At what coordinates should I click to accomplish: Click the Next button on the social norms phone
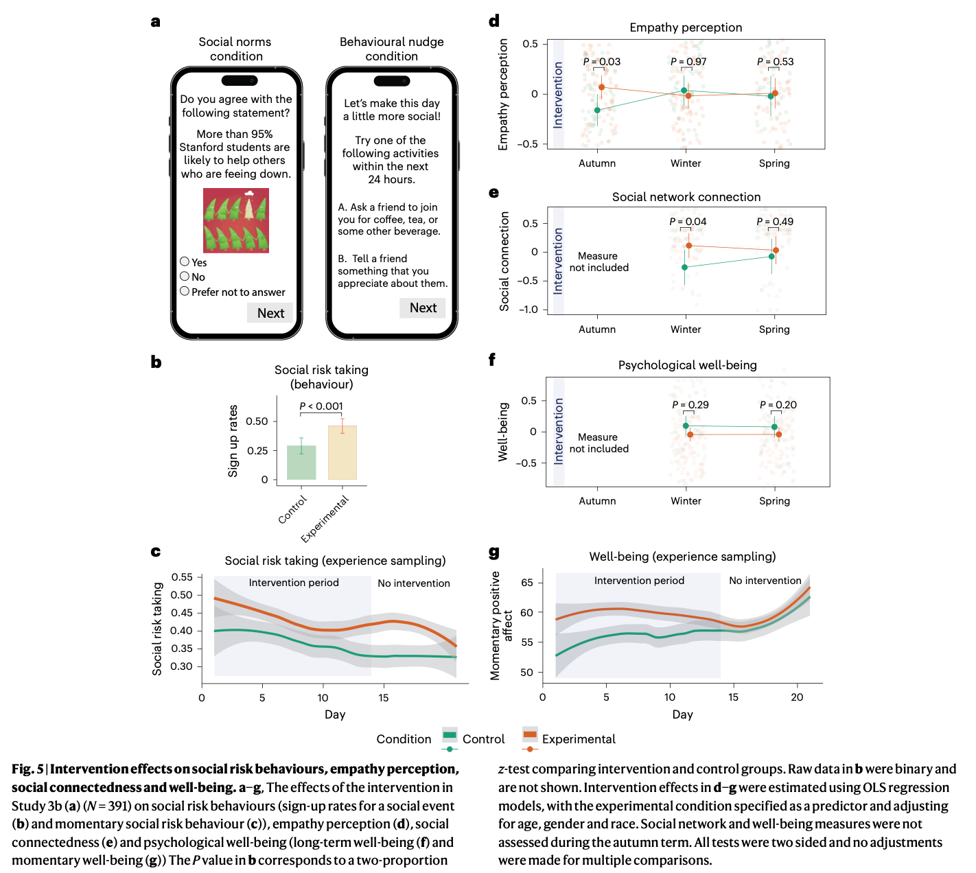[x=270, y=313]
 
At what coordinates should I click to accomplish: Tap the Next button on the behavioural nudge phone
[x=423, y=308]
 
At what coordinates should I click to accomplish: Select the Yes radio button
[x=185, y=261]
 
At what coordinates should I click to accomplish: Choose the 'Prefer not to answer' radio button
[x=185, y=291]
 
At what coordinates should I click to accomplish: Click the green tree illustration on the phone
[x=236, y=220]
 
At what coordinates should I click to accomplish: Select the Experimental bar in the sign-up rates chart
[x=342, y=452]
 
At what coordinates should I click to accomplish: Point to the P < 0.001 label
[x=321, y=406]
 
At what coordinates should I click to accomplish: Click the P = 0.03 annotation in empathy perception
[x=602, y=62]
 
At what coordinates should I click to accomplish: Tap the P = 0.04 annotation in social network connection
[x=688, y=222]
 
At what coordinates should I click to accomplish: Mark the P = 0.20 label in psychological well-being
[x=778, y=405]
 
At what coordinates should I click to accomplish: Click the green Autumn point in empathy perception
[x=597, y=110]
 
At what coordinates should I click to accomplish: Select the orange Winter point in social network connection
[x=689, y=246]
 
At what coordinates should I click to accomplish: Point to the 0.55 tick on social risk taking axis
[x=182, y=577]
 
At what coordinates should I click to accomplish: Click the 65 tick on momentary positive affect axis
[x=527, y=583]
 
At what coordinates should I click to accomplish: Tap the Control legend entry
[x=483, y=739]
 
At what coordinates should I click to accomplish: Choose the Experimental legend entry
[x=578, y=739]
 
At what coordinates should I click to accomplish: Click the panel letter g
[x=494, y=552]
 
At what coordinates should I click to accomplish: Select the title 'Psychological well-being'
[x=687, y=365]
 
